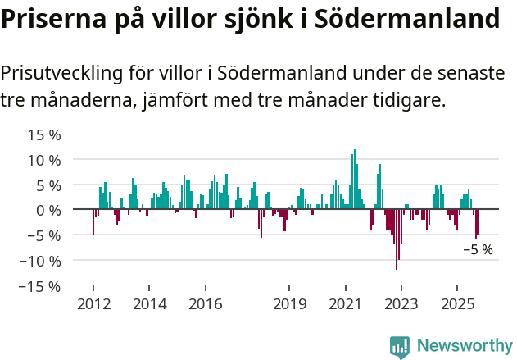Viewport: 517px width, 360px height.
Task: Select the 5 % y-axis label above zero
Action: click(46, 185)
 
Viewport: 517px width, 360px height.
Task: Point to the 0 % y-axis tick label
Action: click(46, 210)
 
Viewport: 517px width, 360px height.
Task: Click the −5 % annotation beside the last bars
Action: click(478, 250)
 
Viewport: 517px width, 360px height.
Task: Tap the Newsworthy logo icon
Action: click(400, 346)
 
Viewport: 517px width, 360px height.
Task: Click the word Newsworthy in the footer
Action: click(464, 346)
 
